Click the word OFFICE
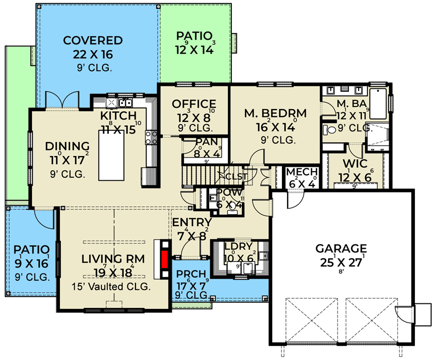[194, 104]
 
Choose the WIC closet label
[353, 164]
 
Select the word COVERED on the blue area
[93, 41]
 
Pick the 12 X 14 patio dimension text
[194, 49]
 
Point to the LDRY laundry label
[235, 247]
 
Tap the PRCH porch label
[190, 273]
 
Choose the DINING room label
[68, 146]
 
